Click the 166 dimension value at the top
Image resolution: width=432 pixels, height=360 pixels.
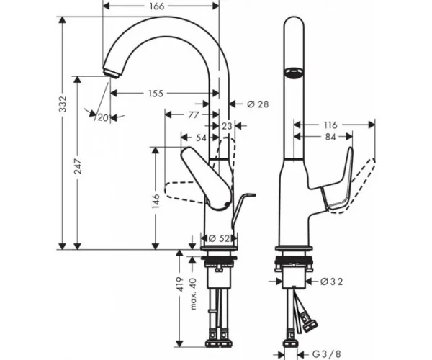click(157, 6)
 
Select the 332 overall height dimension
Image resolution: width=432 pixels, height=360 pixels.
click(63, 104)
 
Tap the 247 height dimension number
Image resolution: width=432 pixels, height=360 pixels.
click(78, 166)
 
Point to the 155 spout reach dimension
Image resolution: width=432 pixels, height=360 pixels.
click(156, 94)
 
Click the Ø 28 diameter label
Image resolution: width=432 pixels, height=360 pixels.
click(258, 104)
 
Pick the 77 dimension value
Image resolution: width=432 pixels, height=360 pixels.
click(193, 114)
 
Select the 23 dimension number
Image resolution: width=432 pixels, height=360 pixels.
click(227, 126)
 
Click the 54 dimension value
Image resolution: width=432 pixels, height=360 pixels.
click(201, 138)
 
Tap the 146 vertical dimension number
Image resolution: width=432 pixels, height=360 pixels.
click(156, 201)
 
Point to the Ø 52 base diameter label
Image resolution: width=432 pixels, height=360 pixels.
click(219, 238)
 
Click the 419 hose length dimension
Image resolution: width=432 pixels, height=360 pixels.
click(179, 284)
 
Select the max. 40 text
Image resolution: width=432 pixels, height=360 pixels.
click(194, 294)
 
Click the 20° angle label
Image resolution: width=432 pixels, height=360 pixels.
click(104, 118)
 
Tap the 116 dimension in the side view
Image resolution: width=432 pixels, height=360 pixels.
click(330, 125)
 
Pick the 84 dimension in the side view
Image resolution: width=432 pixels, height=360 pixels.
click(330, 137)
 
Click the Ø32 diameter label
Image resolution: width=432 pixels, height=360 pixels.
click(332, 282)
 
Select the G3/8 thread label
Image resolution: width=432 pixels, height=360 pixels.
click(327, 354)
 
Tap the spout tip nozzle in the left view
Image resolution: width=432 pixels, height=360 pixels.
click(112, 73)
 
